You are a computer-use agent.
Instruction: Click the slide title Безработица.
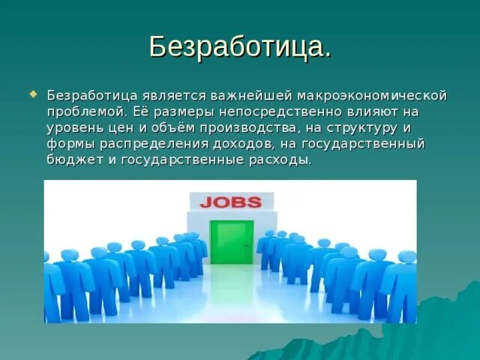pos(239,46)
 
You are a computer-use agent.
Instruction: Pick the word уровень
pos(79,127)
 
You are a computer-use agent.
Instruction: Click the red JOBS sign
pos(230,202)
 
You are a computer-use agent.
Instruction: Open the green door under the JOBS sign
pos(231,241)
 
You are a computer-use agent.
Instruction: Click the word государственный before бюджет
pos(363,144)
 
